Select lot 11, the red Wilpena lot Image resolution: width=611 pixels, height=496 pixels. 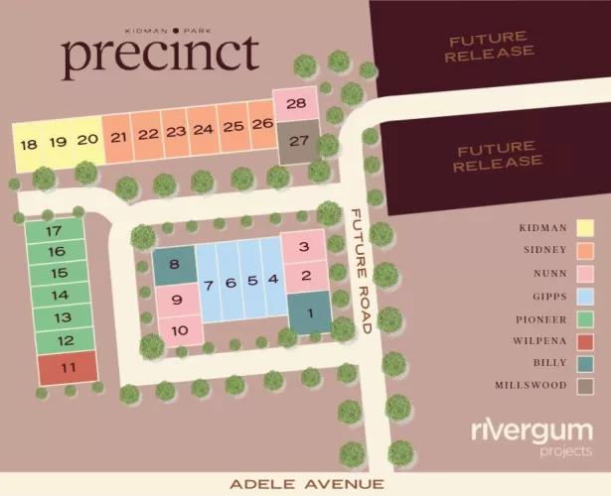[68, 368]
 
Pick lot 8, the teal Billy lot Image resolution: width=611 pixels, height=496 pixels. [174, 265]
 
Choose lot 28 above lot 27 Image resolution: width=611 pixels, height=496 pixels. [295, 104]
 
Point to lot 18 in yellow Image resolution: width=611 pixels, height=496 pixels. [28, 144]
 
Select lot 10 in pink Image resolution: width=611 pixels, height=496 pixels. [179, 330]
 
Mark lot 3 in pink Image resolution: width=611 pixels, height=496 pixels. [306, 247]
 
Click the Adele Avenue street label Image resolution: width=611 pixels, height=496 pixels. [305, 484]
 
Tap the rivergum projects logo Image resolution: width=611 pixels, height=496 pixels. [532, 436]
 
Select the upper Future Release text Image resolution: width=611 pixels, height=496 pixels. [490, 46]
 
